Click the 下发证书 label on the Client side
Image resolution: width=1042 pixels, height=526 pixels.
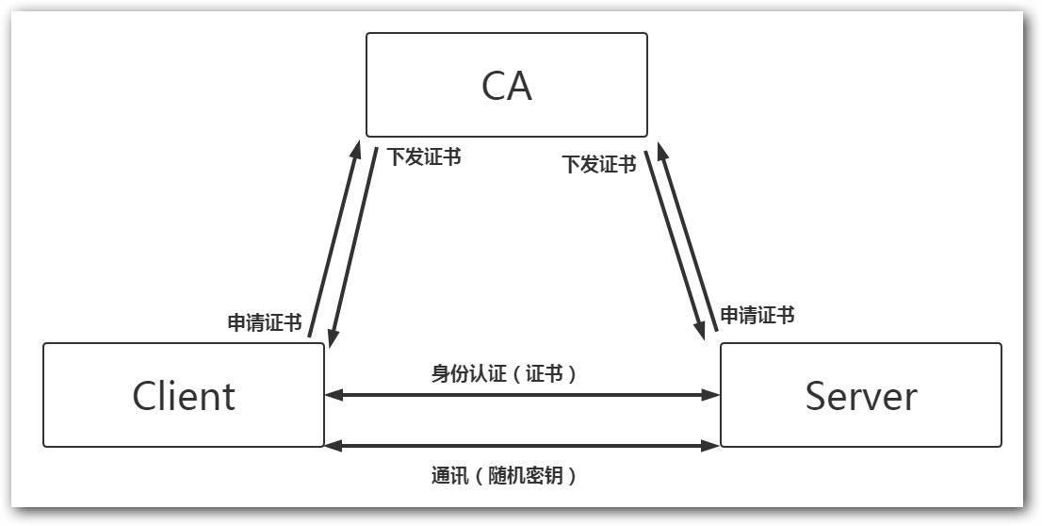424,157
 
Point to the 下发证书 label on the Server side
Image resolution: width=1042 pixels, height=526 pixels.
599,165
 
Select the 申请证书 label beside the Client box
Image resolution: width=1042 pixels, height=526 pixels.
265,323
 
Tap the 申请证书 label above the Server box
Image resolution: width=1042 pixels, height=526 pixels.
757,315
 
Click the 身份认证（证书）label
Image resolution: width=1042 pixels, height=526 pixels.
504,373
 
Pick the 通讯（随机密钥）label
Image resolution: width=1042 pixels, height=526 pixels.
504,476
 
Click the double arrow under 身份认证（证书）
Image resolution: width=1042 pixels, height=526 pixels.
522,396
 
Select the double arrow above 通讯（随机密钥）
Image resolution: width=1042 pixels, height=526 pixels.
522,445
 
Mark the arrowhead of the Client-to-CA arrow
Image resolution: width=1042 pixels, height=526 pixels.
356,149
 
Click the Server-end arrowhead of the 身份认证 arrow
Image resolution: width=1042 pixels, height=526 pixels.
712,396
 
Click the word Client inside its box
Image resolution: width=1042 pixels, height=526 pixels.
184,396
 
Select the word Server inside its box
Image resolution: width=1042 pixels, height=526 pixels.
860,396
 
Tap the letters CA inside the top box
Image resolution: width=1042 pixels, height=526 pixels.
506,86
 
